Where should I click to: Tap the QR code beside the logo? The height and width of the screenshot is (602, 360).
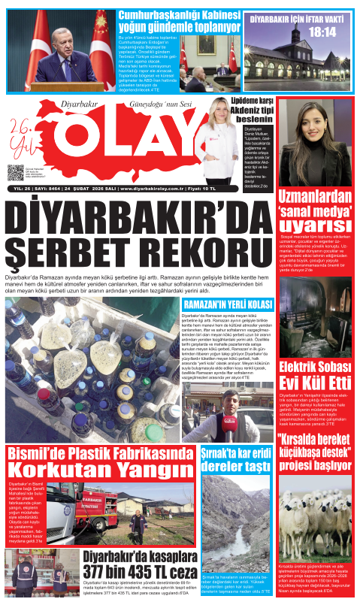click(16, 173)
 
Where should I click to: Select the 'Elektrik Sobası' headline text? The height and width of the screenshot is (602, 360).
click(316, 367)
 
